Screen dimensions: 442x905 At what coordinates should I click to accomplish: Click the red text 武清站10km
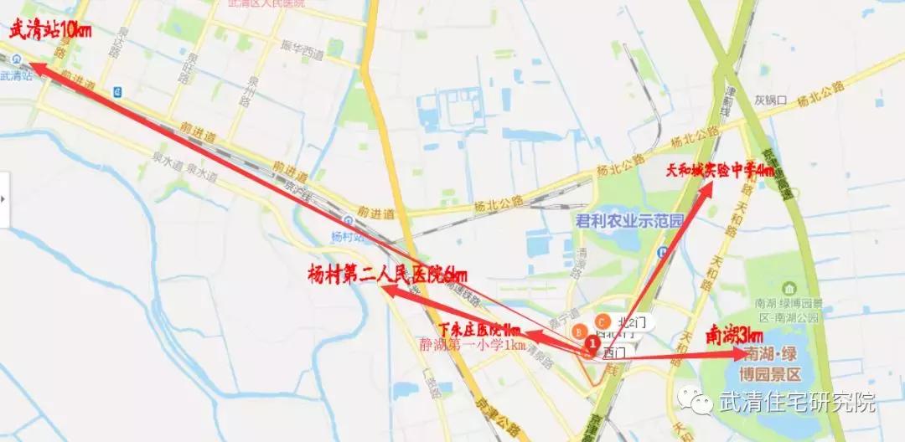(50, 31)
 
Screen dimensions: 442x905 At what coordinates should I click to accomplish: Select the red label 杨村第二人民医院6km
(387, 274)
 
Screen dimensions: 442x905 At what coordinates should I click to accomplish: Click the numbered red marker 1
(593, 342)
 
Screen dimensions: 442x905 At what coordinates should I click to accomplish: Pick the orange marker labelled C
(602, 321)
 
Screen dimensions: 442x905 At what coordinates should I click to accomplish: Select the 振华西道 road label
(302, 54)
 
